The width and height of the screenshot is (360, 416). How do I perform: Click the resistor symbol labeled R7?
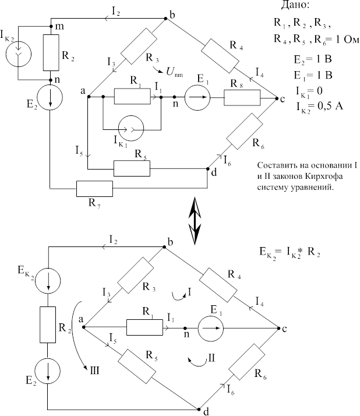[94, 189]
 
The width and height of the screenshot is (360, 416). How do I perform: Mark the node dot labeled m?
[51, 26]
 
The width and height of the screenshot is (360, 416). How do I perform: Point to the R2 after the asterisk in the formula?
[313, 253]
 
